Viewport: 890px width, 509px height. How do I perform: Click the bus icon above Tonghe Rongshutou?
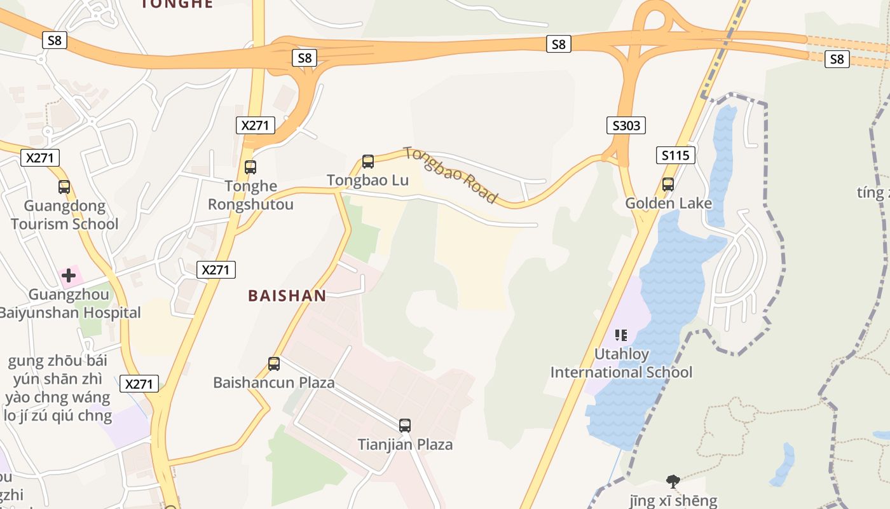(x=250, y=167)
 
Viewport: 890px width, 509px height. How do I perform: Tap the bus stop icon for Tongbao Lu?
(x=368, y=162)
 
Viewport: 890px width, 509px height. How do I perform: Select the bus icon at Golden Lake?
(x=667, y=185)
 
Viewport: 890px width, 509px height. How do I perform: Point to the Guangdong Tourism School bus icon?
(x=64, y=187)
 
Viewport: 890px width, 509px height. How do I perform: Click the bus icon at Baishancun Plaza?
(x=274, y=364)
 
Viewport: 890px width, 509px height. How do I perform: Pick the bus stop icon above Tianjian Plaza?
(x=405, y=426)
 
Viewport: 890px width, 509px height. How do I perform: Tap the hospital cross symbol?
(x=69, y=275)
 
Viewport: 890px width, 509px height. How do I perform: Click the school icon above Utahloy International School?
(x=621, y=335)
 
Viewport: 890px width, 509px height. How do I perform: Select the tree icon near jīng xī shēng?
(x=673, y=481)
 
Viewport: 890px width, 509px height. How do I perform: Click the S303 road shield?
(x=626, y=125)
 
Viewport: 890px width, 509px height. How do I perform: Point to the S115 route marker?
(x=675, y=155)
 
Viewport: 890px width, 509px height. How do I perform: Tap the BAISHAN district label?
(x=287, y=296)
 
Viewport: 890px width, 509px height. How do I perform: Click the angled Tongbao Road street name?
(x=450, y=175)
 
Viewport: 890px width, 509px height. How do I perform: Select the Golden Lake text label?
(x=668, y=204)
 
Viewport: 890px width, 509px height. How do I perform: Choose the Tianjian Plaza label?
(x=405, y=445)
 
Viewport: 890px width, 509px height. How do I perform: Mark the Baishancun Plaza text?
(x=274, y=383)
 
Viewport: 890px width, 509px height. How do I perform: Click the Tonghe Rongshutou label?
(x=251, y=195)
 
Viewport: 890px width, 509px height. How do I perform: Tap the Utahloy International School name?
(x=621, y=363)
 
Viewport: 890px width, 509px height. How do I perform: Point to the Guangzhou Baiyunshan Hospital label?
(x=69, y=304)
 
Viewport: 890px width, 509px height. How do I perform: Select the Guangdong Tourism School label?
(x=64, y=215)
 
